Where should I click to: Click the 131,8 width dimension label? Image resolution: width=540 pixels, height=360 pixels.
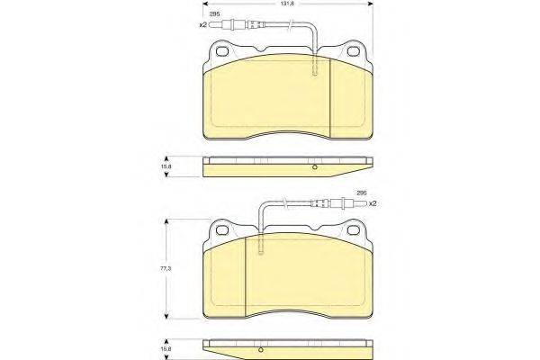tap(288, 4)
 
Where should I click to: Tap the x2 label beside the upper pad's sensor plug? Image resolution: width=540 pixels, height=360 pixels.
tap(202, 25)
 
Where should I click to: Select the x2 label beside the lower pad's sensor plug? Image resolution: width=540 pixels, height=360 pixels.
tap(372, 203)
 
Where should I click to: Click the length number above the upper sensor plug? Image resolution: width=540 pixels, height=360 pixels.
tap(215, 14)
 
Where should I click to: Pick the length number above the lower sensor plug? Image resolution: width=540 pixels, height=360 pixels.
tap(362, 193)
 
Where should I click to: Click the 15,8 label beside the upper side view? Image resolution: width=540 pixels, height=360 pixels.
tap(166, 166)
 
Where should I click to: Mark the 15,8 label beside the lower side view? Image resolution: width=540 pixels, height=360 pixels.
tap(166, 349)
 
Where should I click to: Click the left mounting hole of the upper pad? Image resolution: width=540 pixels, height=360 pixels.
tap(222, 51)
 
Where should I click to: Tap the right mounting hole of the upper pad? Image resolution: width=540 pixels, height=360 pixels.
tap(354, 51)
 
